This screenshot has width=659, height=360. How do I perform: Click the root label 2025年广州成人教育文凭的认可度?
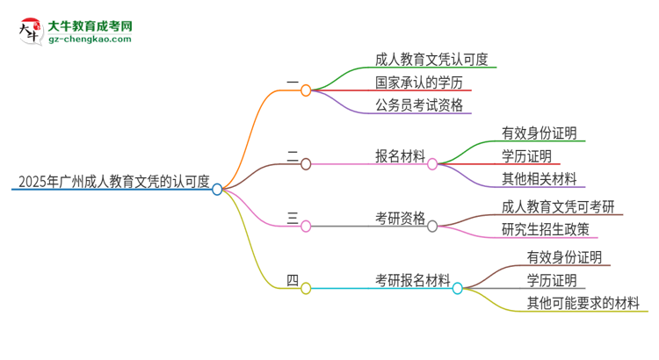[x=113, y=183]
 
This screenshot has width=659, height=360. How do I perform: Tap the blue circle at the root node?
[x=217, y=189]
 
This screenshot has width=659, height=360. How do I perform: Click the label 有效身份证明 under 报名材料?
[x=539, y=133]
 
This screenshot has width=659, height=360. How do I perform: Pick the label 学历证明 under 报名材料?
[x=526, y=156]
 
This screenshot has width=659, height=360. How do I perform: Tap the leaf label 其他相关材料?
[x=539, y=179]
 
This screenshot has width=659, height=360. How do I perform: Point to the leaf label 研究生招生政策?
[x=551, y=230]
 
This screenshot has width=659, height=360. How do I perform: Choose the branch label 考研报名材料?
[x=412, y=281]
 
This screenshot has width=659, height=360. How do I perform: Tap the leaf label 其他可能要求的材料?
[x=583, y=304]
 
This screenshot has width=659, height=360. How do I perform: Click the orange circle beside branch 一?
[x=306, y=90]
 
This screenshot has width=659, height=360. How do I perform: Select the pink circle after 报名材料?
[x=432, y=164]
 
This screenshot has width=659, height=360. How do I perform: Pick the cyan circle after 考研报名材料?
[x=457, y=288]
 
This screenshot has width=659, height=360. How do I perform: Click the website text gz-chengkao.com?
[x=91, y=40]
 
